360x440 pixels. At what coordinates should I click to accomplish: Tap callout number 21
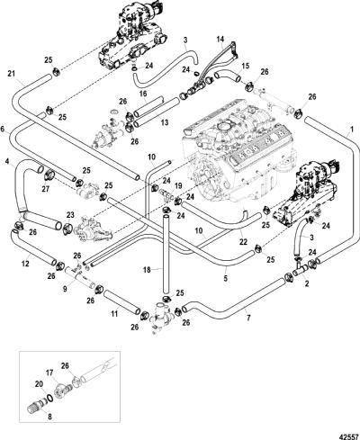[12, 74]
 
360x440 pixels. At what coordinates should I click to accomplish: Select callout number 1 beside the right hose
[352, 130]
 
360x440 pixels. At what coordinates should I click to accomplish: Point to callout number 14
[220, 40]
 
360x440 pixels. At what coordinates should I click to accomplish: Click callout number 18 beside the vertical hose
[147, 270]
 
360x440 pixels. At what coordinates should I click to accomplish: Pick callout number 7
[248, 318]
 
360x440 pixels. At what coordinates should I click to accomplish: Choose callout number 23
[70, 215]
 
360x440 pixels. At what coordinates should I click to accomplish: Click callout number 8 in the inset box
[49, 417]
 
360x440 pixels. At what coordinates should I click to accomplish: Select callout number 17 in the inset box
[49, 373]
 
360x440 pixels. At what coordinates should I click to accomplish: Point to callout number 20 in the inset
[40, 384]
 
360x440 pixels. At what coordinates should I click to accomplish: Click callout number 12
[25, 264]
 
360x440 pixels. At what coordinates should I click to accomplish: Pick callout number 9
[65, 289]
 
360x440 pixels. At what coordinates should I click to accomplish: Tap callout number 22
[243, 242]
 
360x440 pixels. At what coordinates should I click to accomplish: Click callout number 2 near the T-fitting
[307, 283]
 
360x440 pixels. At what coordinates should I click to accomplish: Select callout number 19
[178, 186]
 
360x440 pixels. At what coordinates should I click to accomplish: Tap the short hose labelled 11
[122, 301]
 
